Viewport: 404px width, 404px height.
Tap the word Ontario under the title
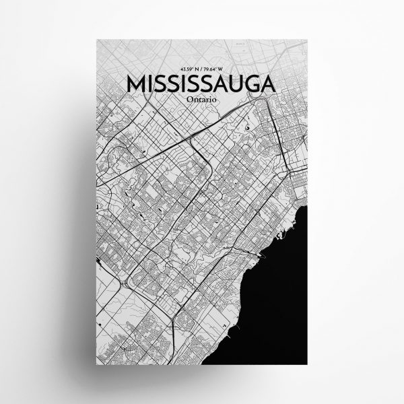[x=200, y=99]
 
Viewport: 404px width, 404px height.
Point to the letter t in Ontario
[x=197, y=99]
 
